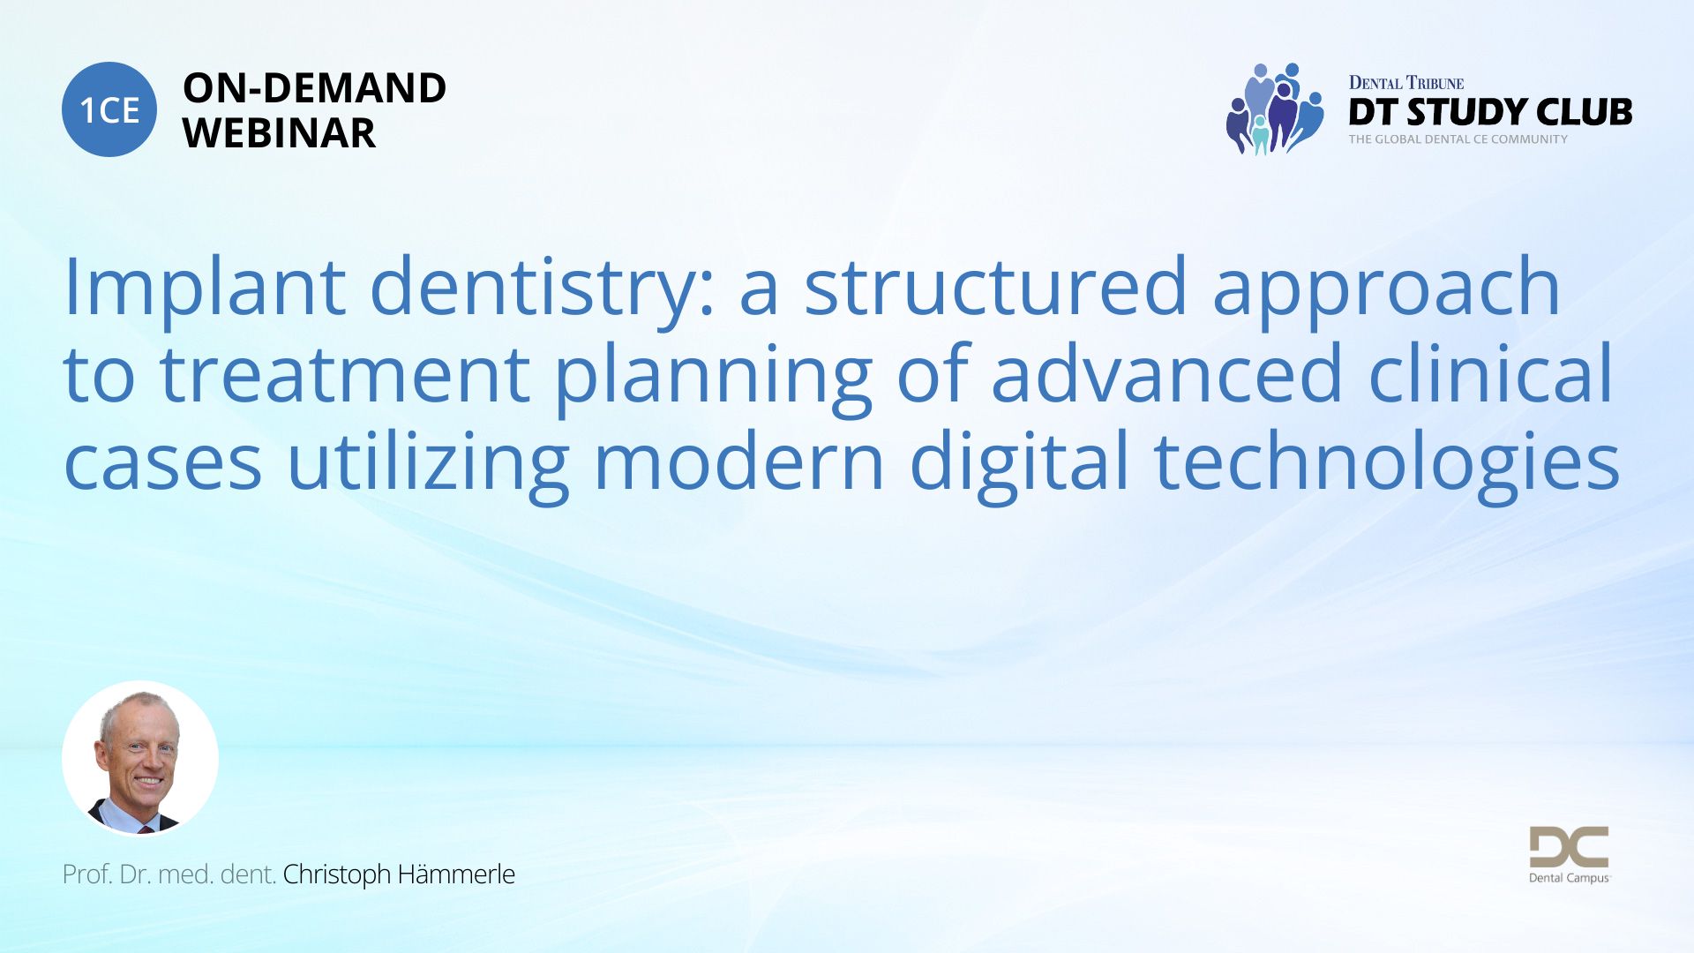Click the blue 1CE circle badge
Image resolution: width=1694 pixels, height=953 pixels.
(x=109, y=109)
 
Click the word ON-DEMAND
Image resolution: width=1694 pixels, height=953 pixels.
(x=314, y=88)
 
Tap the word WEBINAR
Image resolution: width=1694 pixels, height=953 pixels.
(x=279, y=133)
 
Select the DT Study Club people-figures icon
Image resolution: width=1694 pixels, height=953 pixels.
(x=1275, y=109)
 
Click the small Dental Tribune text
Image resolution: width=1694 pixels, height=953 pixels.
(x=1405, y=83)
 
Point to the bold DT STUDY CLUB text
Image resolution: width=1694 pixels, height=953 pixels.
(x=1490, y=112)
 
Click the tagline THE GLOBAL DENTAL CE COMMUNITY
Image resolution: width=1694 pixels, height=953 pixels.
(x=1458, y=139)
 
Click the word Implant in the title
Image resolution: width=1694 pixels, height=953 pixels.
(x=205, y=286)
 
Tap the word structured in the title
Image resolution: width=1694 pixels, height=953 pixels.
(x=995, y=286)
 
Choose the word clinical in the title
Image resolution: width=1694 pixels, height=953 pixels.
(x=1491, y=372)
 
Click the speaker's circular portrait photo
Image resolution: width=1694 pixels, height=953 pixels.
(x=140, y=759)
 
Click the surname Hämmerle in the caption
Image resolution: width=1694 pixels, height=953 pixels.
(x=455, y=874)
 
